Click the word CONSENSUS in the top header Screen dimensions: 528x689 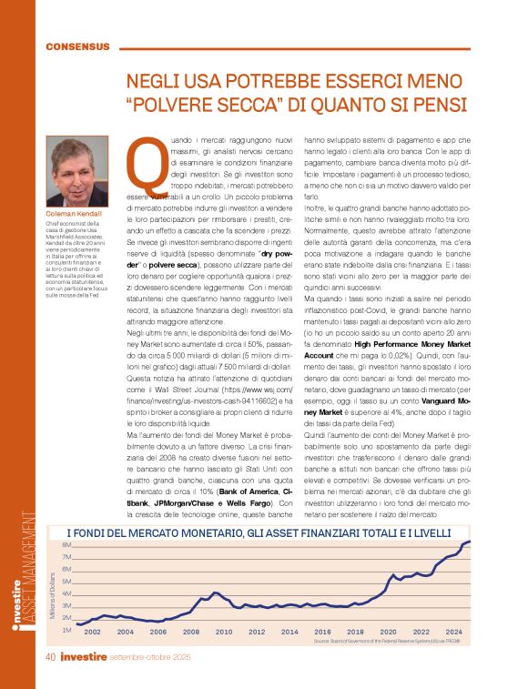77,46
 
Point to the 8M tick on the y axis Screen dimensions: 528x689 66,545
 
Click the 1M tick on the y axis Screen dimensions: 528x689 66,630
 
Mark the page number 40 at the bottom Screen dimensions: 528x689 54,657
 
